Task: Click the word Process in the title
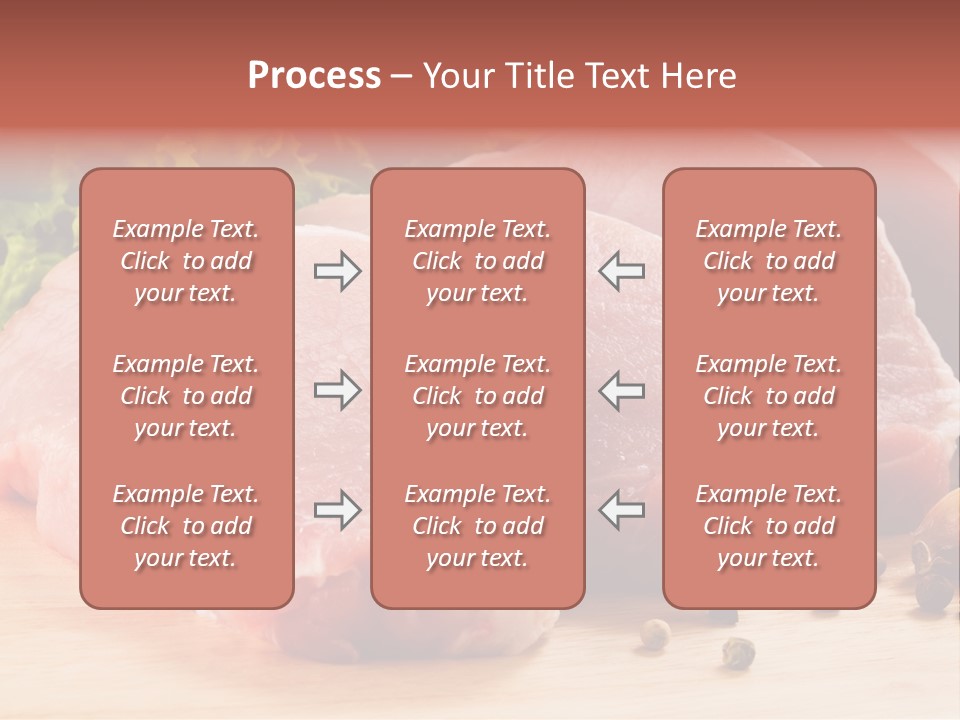(x=314, y=76)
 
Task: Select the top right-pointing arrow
(x=338, y=271)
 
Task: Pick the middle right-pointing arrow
(x=338, y=390)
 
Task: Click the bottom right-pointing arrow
(x=338, y=510)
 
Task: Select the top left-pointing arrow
(x=621, y=271)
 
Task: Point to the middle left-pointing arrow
(x=621, y=390)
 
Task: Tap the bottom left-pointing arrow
(x=621, y=510)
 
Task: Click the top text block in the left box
(x=186, y=261)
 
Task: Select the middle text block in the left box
(x=186, y=396)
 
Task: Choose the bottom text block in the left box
(x=186, y=526)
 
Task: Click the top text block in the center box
(x=478, y=261)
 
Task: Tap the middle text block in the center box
(x=478, y=396)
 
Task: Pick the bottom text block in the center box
(x=478, y=526)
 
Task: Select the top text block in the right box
(x=769, y=261)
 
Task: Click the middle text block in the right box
(x=769, y=396)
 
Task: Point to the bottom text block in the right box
(x=769, y=526)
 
